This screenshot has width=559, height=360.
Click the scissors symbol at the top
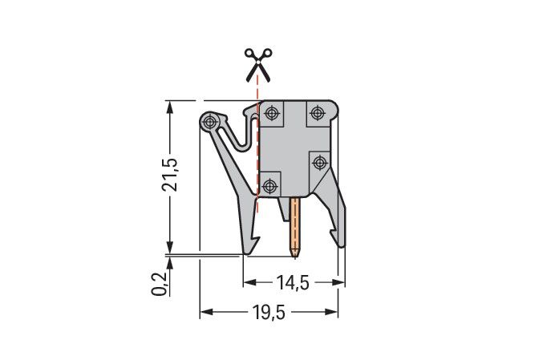pos(257,63)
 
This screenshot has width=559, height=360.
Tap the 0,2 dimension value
pos(159,284)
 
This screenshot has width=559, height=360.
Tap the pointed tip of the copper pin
pos(296,256)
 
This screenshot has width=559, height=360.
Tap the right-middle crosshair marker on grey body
pos(319,161)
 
